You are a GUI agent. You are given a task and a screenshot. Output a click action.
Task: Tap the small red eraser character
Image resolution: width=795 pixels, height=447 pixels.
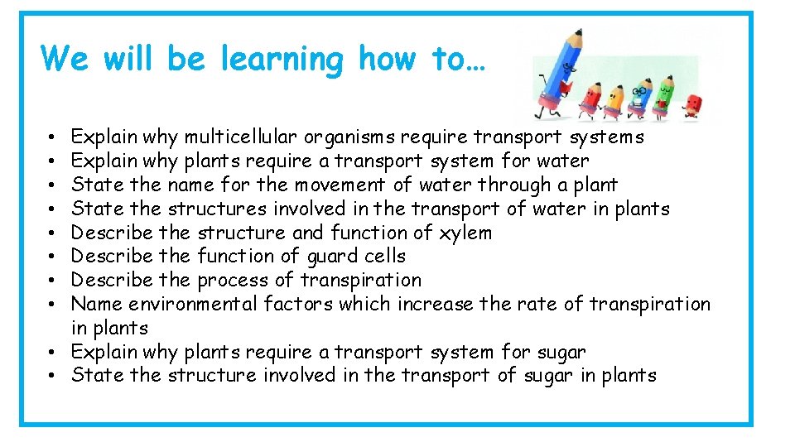click(693, 106)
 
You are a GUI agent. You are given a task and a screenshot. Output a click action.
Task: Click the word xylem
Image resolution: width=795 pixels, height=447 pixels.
click(464, 233)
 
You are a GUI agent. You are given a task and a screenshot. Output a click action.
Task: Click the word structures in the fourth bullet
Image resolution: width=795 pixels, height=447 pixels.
click(217, 209)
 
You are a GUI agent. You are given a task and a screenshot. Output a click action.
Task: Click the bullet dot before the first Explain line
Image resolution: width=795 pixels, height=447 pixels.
click(51, 137)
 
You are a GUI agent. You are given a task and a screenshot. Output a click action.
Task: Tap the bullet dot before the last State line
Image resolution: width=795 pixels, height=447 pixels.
click(51, 376)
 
